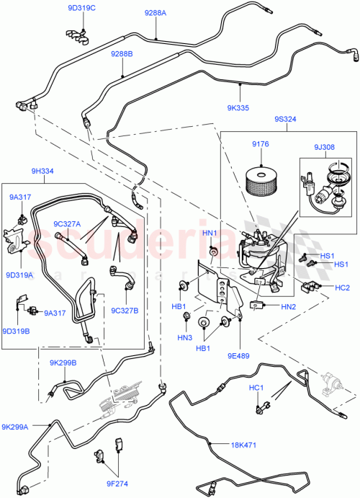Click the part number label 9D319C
81,8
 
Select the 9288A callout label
154,12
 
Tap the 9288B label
122,54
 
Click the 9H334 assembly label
41,171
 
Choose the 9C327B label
125,311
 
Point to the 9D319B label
16,332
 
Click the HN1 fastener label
210,232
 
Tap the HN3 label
185,338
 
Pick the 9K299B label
63,363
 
